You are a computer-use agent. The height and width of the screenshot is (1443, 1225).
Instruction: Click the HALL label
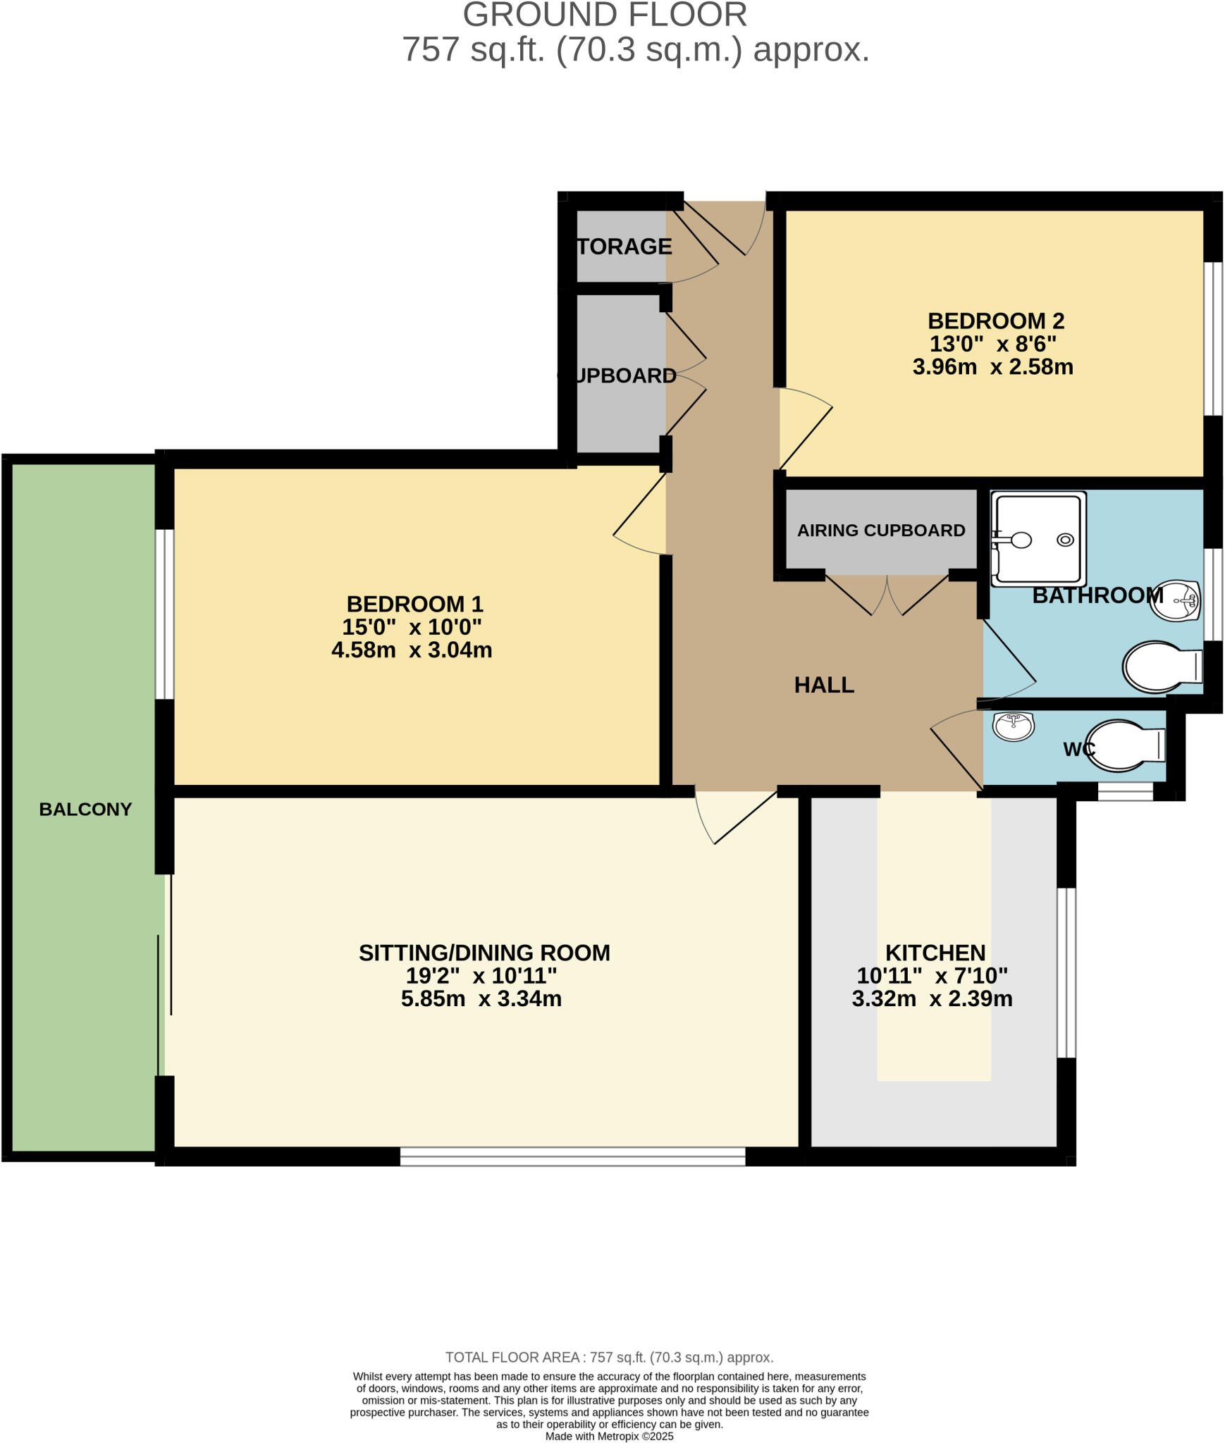point(823,684)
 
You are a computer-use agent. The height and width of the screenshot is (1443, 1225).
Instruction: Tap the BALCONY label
point(85,809)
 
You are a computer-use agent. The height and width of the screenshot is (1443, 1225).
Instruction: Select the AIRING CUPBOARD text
point(880,530)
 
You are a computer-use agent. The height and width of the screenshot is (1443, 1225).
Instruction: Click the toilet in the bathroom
point(1160,666)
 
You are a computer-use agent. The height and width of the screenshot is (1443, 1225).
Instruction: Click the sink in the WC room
point(1013,726)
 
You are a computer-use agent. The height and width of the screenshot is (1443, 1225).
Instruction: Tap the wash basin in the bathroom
point(1175,600)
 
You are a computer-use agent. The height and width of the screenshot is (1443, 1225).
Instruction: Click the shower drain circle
point(1065,540)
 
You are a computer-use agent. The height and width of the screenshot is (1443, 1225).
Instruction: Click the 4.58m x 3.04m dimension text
point(412,650)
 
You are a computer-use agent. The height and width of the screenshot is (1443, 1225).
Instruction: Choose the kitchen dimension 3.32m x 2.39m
point(932,998)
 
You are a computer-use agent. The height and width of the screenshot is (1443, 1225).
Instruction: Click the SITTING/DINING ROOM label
point(484,953)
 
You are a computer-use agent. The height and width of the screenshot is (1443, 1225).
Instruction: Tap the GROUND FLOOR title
point(605,16)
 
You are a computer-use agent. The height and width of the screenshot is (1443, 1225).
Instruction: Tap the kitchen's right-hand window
point(1066,972)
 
